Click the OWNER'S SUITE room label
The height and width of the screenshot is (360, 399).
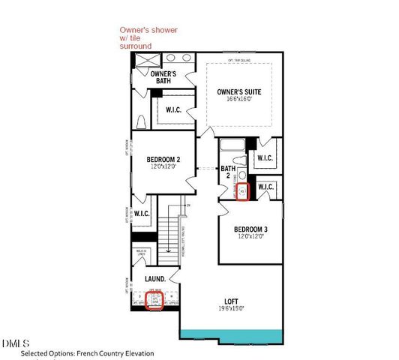point(238,91)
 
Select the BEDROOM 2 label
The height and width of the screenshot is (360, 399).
point(163,159)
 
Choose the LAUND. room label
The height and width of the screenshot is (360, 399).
point(154,279)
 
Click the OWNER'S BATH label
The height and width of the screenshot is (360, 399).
point(163,77)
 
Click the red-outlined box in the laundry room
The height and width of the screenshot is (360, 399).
point(154,301)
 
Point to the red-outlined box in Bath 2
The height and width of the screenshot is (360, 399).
point(243,191)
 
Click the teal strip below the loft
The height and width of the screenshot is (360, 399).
point(231,333)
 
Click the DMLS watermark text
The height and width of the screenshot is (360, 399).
point(13,344)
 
